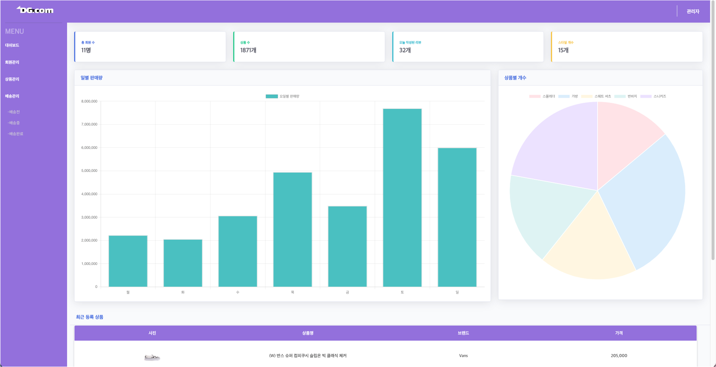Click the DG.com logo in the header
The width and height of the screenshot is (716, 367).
pyautogui.click(x=35, y=10)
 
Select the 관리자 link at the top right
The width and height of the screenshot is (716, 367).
pyautogui.click(x=693, y=12)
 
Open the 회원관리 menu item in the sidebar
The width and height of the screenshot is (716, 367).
pyautogui.click(x=12, y=62)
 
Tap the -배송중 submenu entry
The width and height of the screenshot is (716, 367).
pyautogui.click(x=14, y=123)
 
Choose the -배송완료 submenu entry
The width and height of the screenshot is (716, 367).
pyautogui.click(x=15, y=134)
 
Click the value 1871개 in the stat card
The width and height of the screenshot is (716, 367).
pyautogui.click(x=248, y=50)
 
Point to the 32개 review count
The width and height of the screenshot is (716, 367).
pyautogui.click(x=405, y=50)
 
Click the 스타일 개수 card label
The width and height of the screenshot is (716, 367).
pyautogui.click(x=566, y=42)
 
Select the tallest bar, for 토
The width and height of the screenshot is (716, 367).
pyautogui.click(x=402, y=198)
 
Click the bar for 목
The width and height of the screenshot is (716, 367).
pyautogui.click(x=293, y=229)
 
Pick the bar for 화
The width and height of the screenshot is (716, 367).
pyautogui.click(x=183, y=263)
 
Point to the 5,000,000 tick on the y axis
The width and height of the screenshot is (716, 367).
pyautogui.click(x=89, y=171)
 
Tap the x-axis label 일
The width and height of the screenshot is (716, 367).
pyautogui.click(x=457, y=292)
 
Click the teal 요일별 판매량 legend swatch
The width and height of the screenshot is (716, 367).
pyautogui.click(x=272, y=97)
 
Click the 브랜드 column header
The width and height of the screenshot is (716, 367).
pyautogui.click(x=463, y=333)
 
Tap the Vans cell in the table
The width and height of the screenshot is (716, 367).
pyautogui.click(x=463, y=356)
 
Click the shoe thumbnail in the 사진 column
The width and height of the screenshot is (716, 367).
pyautogui.click(x=152, y=357)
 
